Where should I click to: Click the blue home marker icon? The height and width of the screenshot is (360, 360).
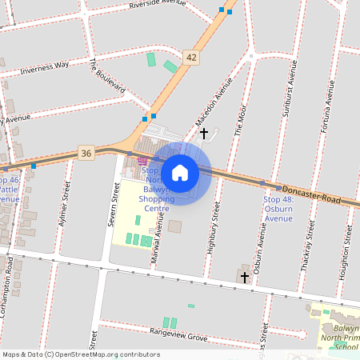[x=180, y=172]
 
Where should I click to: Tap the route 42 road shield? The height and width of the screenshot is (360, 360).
[x=190, y=57]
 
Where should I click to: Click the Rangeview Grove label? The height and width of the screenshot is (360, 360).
[x=178, y=330]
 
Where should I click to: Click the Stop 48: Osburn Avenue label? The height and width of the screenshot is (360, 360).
[x=278, y=209]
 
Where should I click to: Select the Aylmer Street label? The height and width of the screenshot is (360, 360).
[x=63, y=203]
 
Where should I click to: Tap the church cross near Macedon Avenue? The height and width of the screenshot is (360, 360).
[x=203, y=133]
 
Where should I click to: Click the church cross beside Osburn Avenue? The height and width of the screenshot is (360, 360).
[x=245, y=276]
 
